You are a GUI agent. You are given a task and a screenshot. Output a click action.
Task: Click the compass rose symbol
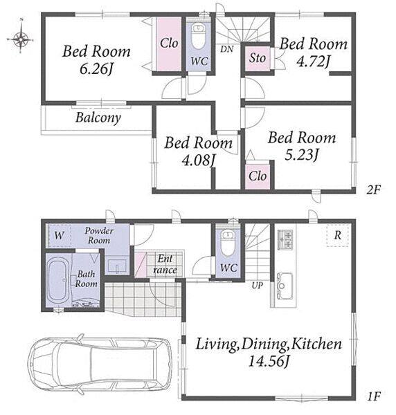tap(20, 39)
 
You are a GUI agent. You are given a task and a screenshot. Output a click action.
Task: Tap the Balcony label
tap(98, 118)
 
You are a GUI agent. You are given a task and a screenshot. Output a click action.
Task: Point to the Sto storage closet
tap(258, 59)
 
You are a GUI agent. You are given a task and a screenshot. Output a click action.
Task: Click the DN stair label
tap(227, 49)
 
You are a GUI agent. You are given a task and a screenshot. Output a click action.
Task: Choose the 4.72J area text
tap(313, 62)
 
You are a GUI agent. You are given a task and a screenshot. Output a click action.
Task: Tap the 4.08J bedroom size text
tap(198, 160)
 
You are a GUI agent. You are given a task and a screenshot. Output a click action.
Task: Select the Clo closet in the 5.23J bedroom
tap(258, 176)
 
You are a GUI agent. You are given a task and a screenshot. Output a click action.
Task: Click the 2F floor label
tap(373, 190)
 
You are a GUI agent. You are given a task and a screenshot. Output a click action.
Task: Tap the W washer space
tap(60, 235)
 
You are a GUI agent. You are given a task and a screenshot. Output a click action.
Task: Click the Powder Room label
tap(99, 235)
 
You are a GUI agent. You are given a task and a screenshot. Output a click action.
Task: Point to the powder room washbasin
tap(117, 266)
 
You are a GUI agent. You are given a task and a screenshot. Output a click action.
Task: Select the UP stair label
tap(258, 285)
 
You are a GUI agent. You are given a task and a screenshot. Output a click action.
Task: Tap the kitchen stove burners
tap(285, 239)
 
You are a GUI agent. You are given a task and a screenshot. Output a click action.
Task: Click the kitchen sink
tap(285, 286)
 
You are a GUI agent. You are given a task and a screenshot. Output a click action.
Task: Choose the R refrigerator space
tap(337, 235)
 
